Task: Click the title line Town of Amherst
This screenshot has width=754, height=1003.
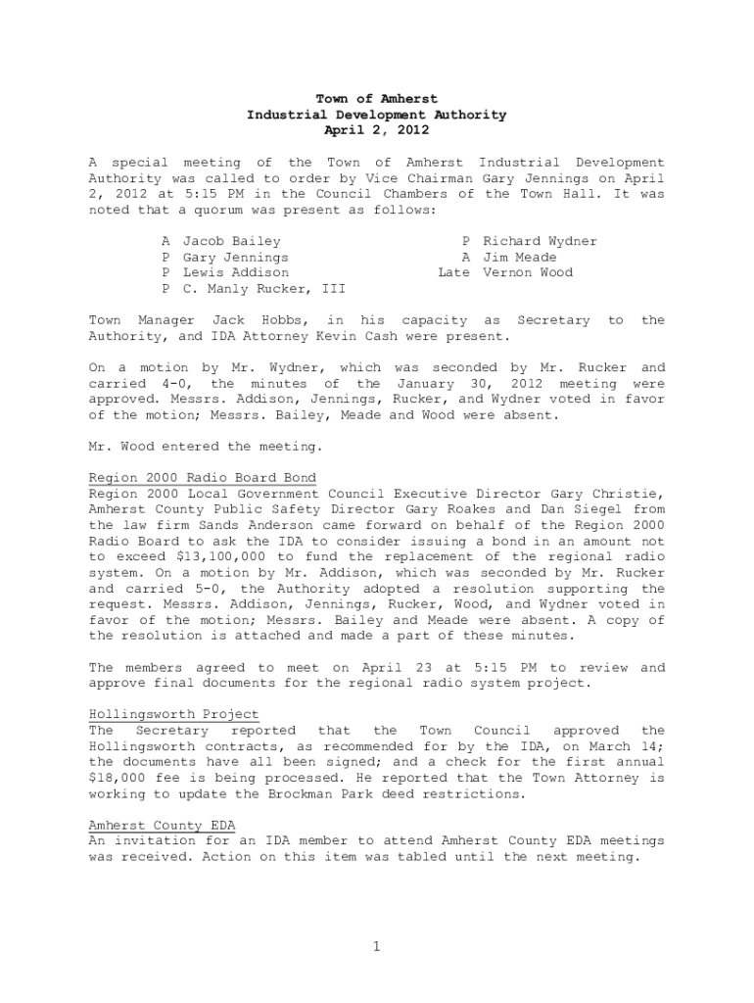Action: [x=376, y=99]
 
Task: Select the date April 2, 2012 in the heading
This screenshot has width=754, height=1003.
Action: [x=376, y=130]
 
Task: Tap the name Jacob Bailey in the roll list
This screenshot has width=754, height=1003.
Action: [x=232, y=241]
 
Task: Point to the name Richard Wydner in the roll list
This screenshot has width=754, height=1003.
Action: [x=540, y=241]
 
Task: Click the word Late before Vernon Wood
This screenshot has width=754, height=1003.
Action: [x=453, y=272]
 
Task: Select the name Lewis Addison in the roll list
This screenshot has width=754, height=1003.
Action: [x=236, y=272]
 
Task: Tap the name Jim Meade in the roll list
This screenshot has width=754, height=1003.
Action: [x=520, y=257]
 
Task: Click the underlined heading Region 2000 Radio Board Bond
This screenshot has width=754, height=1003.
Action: [x=203, y=478]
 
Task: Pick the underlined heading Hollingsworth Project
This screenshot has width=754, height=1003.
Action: [x=174, y=715]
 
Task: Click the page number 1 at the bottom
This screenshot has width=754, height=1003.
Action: [x=376, y=946]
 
